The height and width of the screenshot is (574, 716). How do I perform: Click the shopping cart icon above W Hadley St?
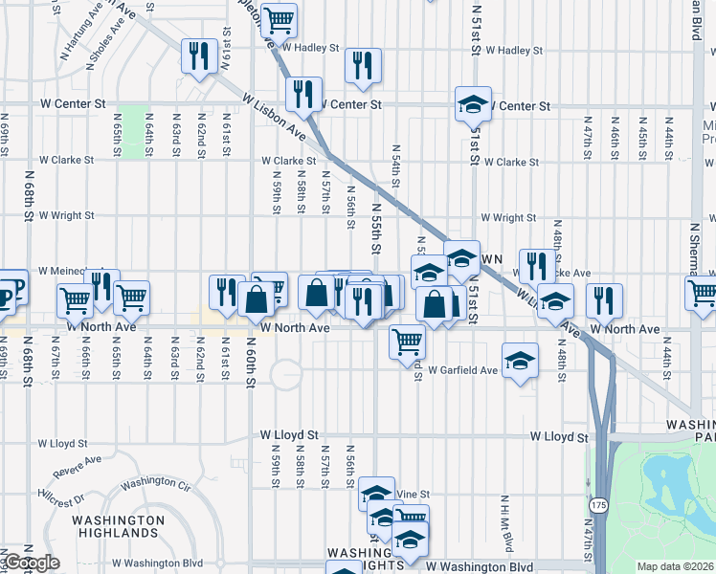[x=279, y=19]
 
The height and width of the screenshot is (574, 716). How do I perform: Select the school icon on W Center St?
[x=473, y=102]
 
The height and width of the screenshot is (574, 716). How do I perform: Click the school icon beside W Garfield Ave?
[x=520, y=360]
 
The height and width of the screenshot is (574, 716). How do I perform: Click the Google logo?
[x=31, y=563]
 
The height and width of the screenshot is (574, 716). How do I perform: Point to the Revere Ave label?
[x=78, y=465]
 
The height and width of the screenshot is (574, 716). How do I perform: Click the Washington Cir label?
[x=157, y=483]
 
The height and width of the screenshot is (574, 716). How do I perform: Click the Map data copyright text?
[x=676, y=566]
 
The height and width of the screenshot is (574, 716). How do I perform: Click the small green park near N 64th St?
[x=135, y=133]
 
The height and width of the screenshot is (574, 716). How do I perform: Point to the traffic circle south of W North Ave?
[x=284, y=374]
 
